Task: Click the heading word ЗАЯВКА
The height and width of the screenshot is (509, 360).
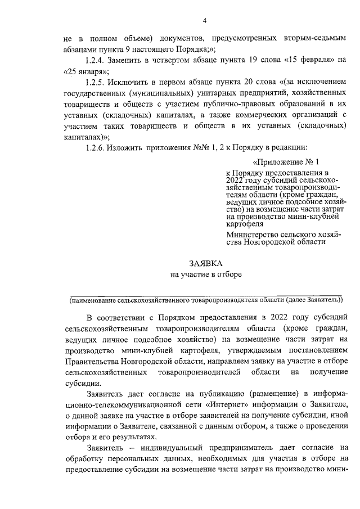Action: pos(205,263)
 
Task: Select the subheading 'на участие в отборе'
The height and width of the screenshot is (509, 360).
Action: pos(205,274)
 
